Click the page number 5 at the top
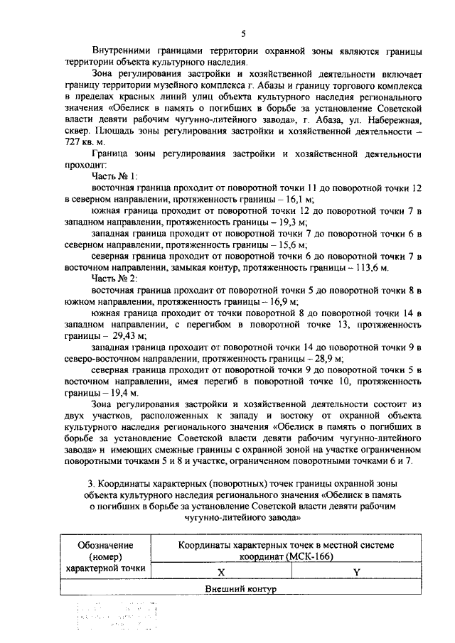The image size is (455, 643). tap(244, 33)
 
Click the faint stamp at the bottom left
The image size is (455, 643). tap(107, 616)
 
